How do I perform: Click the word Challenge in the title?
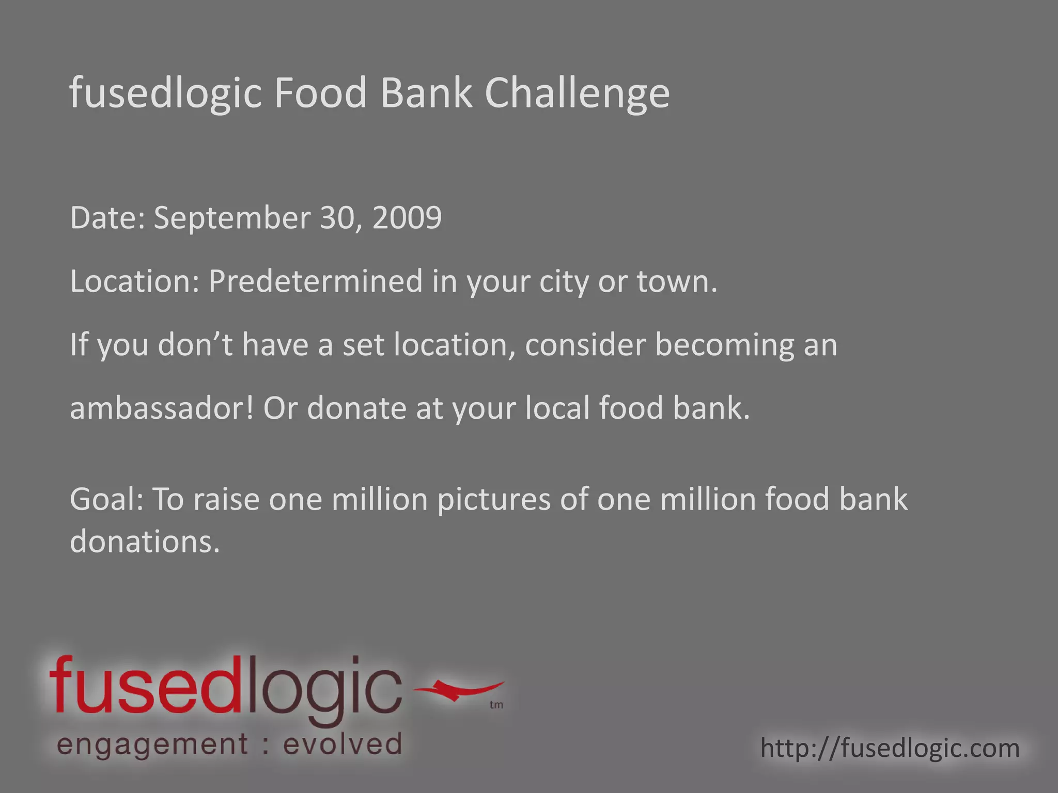pyautogui.click(x=577, y=93)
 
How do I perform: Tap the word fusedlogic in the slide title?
pyautogui.click(x=166, y=93)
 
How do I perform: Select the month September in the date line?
pyautogui.click(x=232, y=218)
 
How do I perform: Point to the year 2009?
pyautogui.click(x=407, y=218)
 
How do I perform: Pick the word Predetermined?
pyautogui.click(x=315, y=282)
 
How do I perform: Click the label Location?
pyautogui.click(x=134, y=282)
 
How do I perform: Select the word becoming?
pyautogui.click(x=724, y=345)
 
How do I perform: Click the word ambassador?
pyautogui.click(x=162, y=408)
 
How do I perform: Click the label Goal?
pyautogui.click(x=106, y=500)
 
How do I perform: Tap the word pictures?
pyautogui.click(x=494, y=500)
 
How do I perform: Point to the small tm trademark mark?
pyautogui.click(x=496, y=705)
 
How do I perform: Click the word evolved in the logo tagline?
pyautogui.click(x=343, y=745)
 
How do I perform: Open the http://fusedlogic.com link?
pyautogui.click(x=890, y=748)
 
